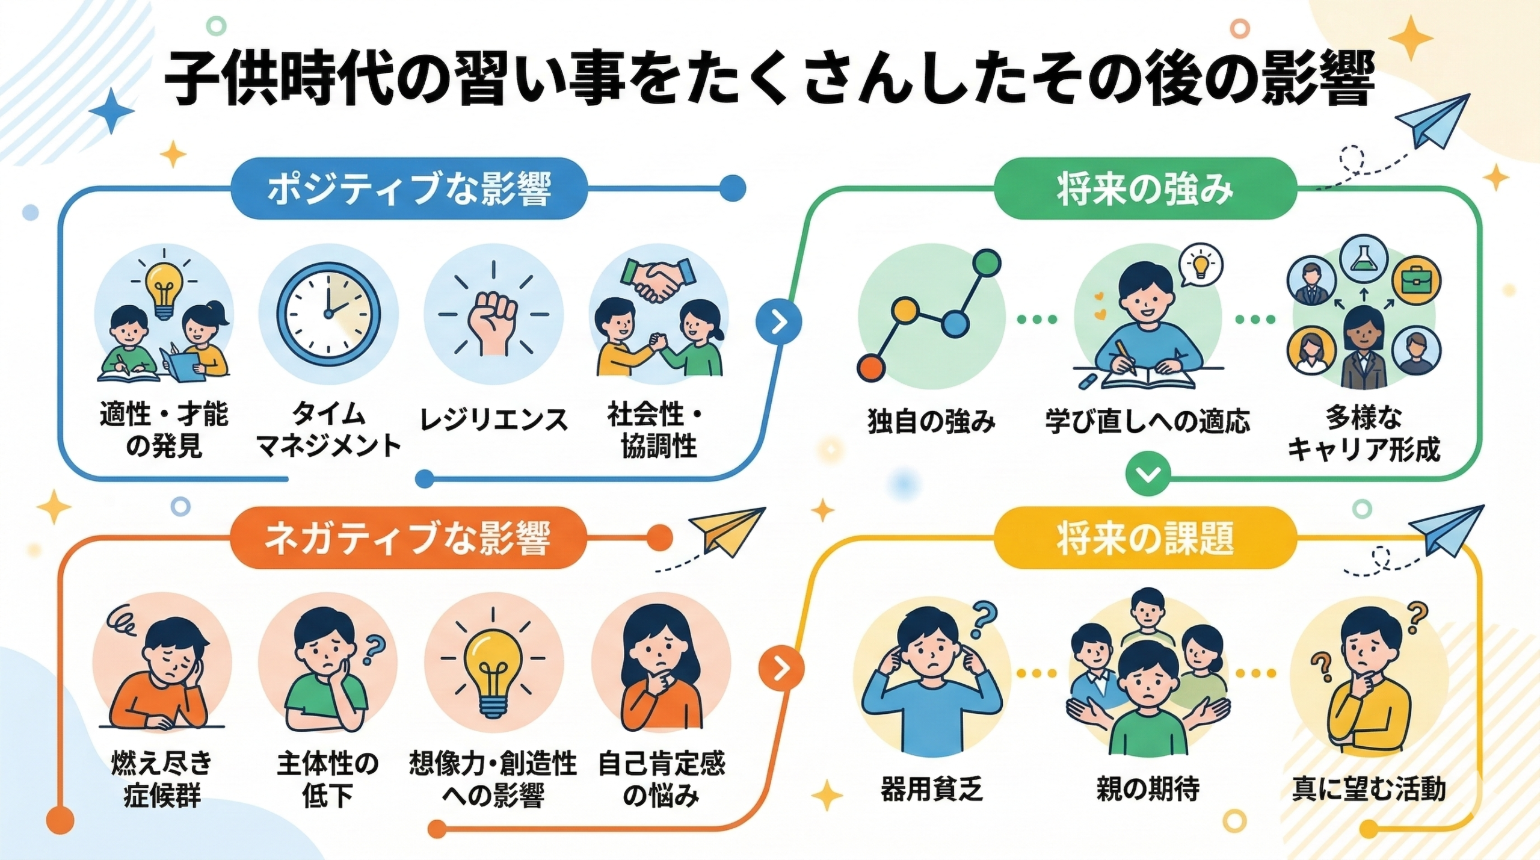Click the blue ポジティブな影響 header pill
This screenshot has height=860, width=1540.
point(408,188)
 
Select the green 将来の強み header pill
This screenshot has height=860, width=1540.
point(1144,188)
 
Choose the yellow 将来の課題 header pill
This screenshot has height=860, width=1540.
point(1144,537)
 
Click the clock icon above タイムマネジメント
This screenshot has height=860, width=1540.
point(328,314)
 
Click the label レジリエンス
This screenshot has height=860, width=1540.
point(493,419)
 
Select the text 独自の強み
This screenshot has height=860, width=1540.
point(931,421)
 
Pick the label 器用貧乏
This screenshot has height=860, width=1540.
point(931,788)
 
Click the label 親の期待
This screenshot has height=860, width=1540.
point(1147,788)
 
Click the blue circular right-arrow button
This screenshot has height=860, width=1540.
point(779,323)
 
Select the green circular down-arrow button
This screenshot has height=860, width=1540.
point(1148,475)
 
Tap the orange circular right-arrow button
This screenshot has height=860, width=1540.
point(780,667)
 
